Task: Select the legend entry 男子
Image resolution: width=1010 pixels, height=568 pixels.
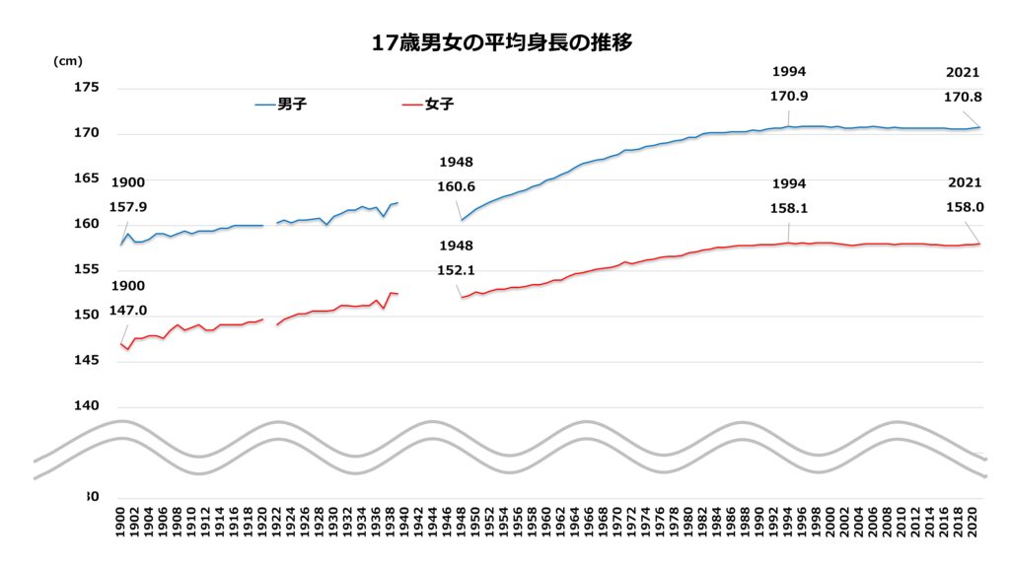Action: [x=292, y=104]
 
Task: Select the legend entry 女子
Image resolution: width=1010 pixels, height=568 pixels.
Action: [x=440, y=104]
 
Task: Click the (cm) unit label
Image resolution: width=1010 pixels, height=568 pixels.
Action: [x=68, y=61]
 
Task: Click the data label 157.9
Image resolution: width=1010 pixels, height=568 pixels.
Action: [x=128, y=207]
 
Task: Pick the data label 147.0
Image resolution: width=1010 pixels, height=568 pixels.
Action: [x=128, y=311]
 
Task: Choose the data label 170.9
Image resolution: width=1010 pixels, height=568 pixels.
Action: [x=789, y=97]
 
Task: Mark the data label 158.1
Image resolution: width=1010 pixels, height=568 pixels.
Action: [x=789, y=209]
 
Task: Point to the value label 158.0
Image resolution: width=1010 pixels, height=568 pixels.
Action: [x=963, y=209]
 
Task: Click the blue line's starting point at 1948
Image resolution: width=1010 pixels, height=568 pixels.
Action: [x=461, y=220]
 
